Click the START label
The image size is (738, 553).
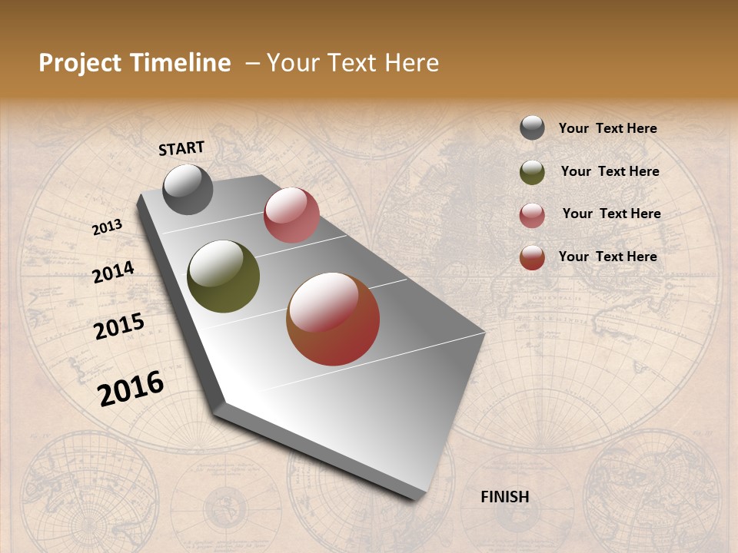click(181, 148)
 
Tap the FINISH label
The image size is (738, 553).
click(505, 497)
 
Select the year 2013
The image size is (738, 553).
click(108, 227)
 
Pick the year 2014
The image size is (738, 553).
click(114, 272)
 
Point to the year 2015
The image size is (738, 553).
click(119, 326)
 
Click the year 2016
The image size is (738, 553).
click(131, 389)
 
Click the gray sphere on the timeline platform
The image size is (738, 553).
click(188, 189)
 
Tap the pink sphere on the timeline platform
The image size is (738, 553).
click(291, 215)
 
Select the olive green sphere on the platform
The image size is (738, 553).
click(224, 276)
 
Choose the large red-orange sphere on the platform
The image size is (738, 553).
click(333, 319)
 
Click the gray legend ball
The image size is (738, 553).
click(532, 127)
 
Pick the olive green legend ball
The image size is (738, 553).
click(532, 172)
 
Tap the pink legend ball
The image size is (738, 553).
click(532, 215)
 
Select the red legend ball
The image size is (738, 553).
click(532, 257)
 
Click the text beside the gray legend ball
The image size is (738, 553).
click(608, 128)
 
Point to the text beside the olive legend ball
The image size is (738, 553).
click(610, 171)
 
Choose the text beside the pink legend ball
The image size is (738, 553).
click(612, 214)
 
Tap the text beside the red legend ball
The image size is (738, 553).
click(608, 257)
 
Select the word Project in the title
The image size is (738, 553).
click(80, 63)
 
